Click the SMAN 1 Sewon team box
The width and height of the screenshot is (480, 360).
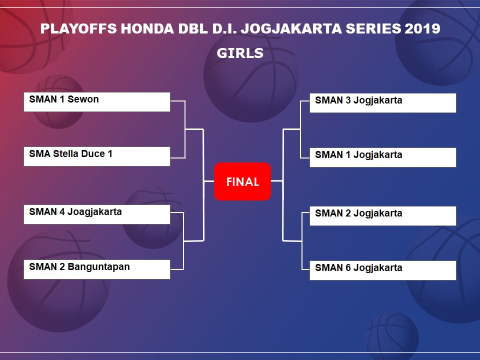coord(96,102)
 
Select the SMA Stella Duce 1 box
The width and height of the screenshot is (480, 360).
coord(96,156)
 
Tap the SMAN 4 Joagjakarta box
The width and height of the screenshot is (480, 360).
coord(96,214)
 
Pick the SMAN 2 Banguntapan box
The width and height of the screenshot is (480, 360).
coord(96,269)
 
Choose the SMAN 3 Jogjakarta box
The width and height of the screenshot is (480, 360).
coord(383,103)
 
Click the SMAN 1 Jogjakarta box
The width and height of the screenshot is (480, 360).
coord(383,157)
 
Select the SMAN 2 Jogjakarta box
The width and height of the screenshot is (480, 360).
coord(383,216)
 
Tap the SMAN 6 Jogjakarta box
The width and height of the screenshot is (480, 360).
coord(383,270)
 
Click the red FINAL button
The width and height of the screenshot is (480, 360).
coord(242,181)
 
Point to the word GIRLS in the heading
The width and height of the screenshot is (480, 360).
coord(240,53)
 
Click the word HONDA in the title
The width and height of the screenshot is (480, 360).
coord(147,29)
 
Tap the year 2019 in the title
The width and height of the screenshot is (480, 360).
coord(422,29)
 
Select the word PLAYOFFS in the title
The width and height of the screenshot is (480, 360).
coord(78,29)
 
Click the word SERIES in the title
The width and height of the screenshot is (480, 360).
coord(373,29)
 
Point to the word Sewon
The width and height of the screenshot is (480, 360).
coord(83,99)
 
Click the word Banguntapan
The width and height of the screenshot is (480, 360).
coord(98,267)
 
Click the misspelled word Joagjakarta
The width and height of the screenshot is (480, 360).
coord(94,212)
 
